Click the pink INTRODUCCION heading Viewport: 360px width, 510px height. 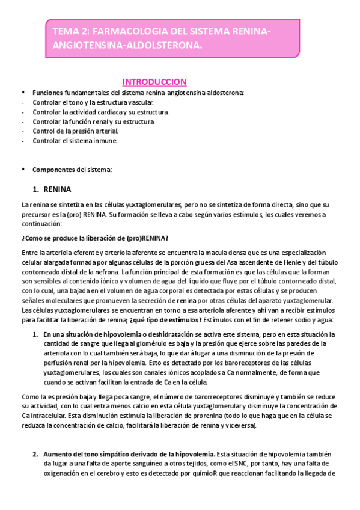coord(154,82)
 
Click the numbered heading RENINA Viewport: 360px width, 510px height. coord(57,188)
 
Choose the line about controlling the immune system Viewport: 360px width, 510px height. coord(75,141)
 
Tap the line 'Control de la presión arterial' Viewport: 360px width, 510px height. coord(75,131)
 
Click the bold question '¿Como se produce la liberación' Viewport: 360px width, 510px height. coord(95,238)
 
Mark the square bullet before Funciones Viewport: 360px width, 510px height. coord(23,93)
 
